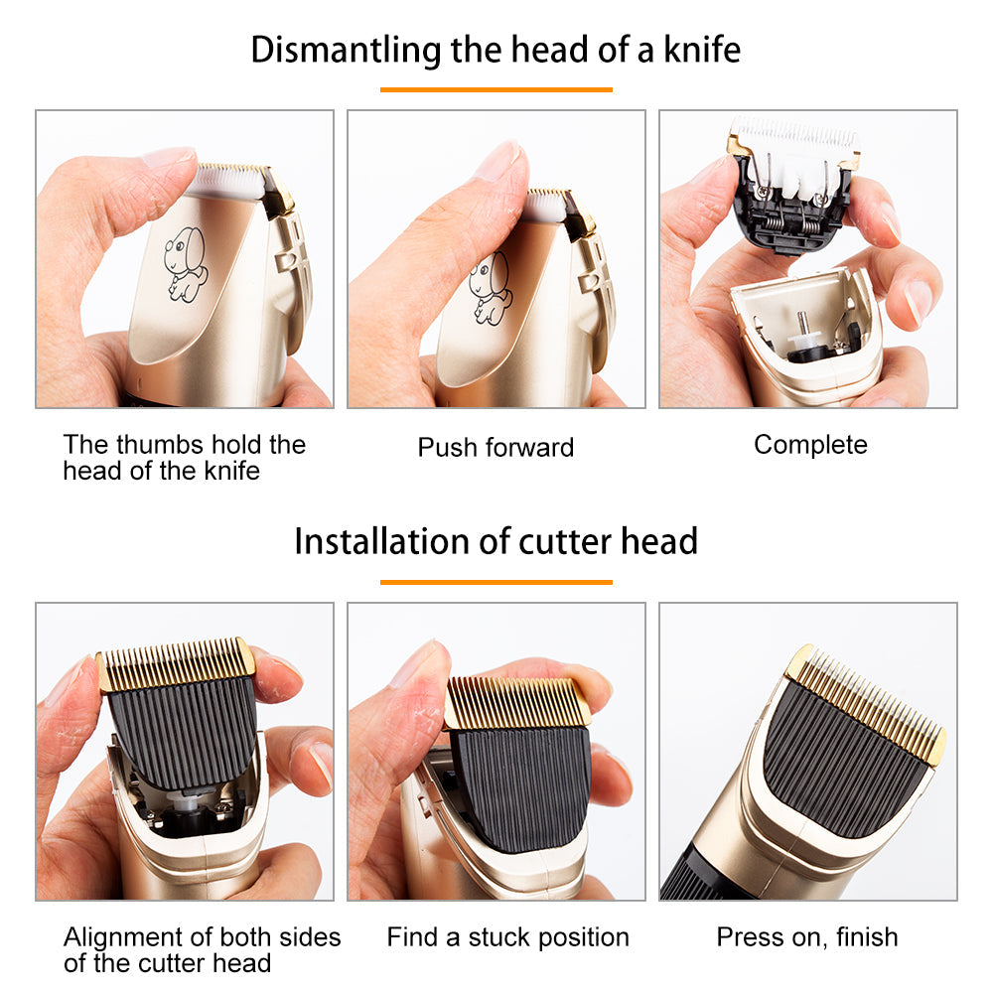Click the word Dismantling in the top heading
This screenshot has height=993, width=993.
[346, 50]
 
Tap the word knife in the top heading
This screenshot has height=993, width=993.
[702, 50]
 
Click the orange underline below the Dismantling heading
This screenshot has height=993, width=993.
[496, 90]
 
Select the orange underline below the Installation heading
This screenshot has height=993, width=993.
[496, 582]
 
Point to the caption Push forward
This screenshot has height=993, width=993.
[496, 447]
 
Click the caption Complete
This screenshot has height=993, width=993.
[810, 446]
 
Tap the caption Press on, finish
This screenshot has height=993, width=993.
[807, 937]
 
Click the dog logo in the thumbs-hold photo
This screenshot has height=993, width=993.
[185, 263]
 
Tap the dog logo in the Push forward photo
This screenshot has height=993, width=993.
[489, 288]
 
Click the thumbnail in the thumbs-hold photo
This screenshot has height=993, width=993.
[168, 157]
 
